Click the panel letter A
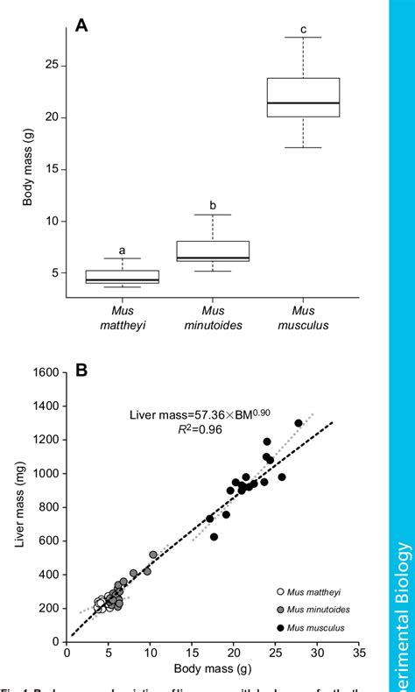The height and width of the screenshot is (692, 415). click(x=81, y=25)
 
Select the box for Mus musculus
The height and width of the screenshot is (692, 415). click(x=303, y=96)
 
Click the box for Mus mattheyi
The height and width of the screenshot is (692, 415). click(x=134, y=277)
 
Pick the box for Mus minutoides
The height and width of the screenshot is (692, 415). click(x=224, y=251)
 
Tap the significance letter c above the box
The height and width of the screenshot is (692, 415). click(x=303, y=29)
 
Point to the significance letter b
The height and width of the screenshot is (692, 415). click(x=224, y=206)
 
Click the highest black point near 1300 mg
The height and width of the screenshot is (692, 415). click(x=299, y=423)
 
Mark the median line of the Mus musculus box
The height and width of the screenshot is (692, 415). click(x=303, y=103)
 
